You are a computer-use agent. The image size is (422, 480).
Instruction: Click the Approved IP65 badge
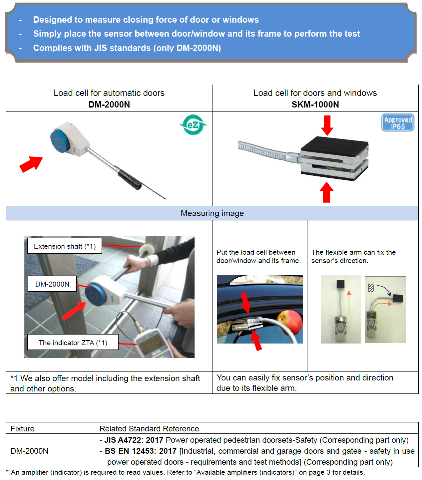(x=398, y=123)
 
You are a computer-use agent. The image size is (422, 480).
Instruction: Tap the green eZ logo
(x=193, y=125)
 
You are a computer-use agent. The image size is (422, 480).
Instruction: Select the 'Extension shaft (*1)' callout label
(x=65, y=246)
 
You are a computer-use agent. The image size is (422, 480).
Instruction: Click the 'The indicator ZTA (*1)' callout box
(x=73, y=343)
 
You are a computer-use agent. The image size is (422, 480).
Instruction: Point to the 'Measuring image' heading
(x=212, y=213)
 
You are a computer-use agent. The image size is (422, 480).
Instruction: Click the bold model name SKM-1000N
(x=315, y=105)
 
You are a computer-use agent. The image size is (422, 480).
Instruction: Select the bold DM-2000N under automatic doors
(x=109, y=105)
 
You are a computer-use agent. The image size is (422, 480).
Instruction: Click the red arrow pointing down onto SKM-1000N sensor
(x=327, y=125)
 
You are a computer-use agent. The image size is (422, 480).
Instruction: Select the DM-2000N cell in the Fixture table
(x=29, y=451)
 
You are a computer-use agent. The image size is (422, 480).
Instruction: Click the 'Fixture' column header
(x=22, y=428)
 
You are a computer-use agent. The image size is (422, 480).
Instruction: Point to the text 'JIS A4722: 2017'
(x=134, y=440)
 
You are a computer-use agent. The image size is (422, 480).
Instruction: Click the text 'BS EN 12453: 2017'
(x=141, y=451)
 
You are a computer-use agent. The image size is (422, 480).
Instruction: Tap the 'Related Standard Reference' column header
(x=149, y=428)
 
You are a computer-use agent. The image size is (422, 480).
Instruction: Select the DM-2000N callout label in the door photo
(x=52, y=284)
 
